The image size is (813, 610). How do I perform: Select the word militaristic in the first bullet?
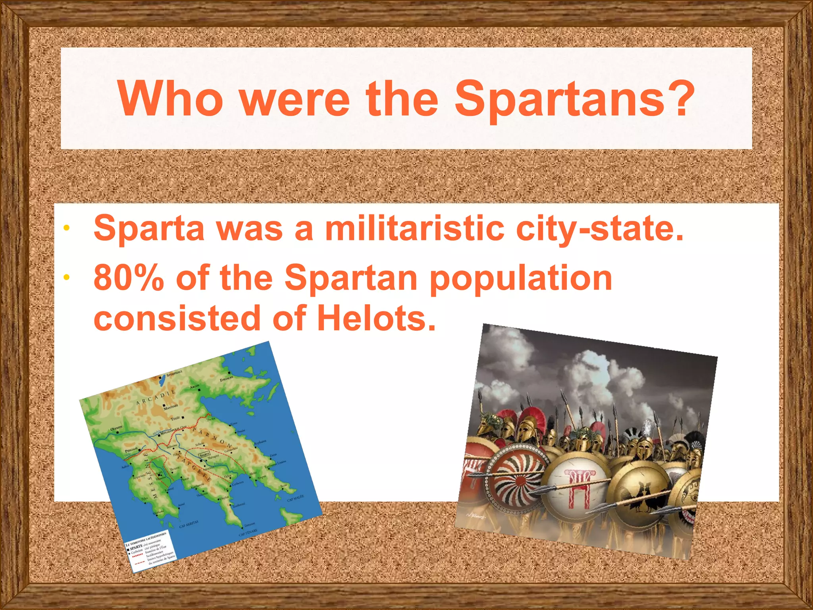pos(414,229)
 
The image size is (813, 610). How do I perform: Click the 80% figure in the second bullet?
pos(129,278)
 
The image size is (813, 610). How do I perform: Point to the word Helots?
pos(376,319)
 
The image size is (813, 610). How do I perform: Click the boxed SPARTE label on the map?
pos(204,454)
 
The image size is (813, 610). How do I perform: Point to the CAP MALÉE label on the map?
pos(295,498)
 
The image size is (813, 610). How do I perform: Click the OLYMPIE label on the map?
pos(117,429)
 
